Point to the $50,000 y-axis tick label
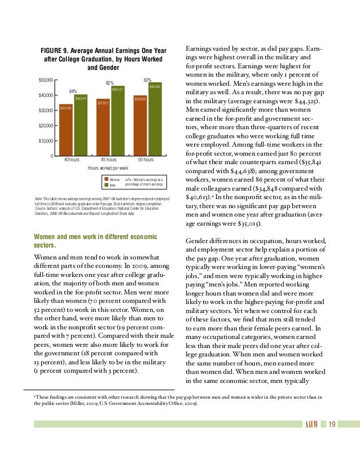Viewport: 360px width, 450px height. pyautogui.click(x=45, y=80)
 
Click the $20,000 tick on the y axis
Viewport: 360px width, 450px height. pyautogui.click(x=45, y=125)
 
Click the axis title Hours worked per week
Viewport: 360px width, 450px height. pyautogui.click(x=108, y=169)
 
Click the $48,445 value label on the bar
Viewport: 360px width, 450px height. pyautogui.click(x=155, y=86)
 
